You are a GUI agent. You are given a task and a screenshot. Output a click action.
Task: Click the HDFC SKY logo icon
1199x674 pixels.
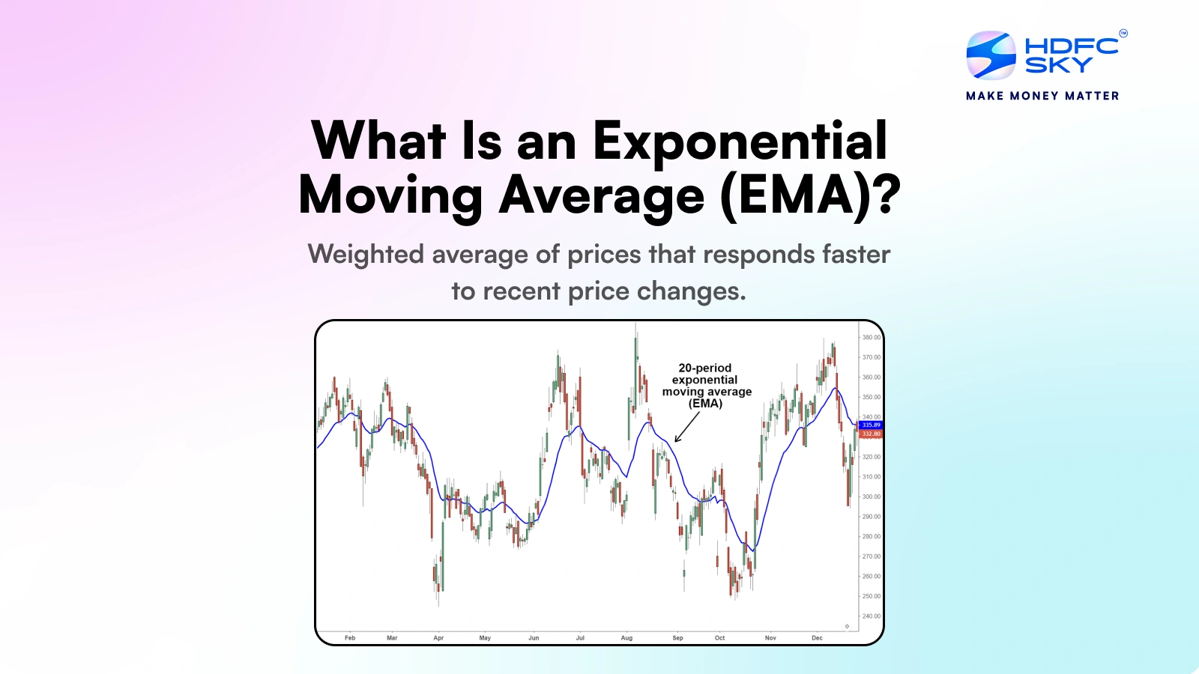(991, 55)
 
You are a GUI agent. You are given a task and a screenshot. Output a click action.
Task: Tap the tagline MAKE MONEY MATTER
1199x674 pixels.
(1042, 96)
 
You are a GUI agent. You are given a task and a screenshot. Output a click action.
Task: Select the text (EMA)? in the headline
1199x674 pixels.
(809, 195)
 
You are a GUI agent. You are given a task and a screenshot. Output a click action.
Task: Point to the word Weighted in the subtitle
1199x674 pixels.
(366, 255)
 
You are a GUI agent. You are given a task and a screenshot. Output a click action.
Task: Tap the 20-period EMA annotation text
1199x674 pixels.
(706, 386)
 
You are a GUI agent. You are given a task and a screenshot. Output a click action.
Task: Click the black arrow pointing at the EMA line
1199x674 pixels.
(686, 428)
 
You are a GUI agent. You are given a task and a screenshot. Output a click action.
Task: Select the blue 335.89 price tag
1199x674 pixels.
(871, 425)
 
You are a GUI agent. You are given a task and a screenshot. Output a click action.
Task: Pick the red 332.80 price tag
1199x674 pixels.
(871, 434)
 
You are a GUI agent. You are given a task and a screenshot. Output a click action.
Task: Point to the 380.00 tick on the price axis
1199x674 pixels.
(871, 338)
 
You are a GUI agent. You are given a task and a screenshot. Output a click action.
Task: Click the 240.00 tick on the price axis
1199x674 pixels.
(871, 616)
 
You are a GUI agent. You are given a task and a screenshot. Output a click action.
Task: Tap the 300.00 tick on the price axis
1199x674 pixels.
(871, 497)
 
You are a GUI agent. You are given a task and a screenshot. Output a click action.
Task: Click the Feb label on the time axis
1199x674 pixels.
(350, 638)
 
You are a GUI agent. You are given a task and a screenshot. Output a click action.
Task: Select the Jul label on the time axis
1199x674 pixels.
(580, 638)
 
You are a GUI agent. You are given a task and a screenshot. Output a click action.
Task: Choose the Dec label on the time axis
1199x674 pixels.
(817, 638)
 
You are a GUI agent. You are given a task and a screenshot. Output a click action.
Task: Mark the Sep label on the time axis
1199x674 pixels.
(677, 638)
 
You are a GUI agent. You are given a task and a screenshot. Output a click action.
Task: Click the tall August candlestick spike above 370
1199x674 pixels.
(636, 352)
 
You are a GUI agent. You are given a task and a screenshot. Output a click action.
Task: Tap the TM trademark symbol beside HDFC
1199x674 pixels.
(1123, 33)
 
